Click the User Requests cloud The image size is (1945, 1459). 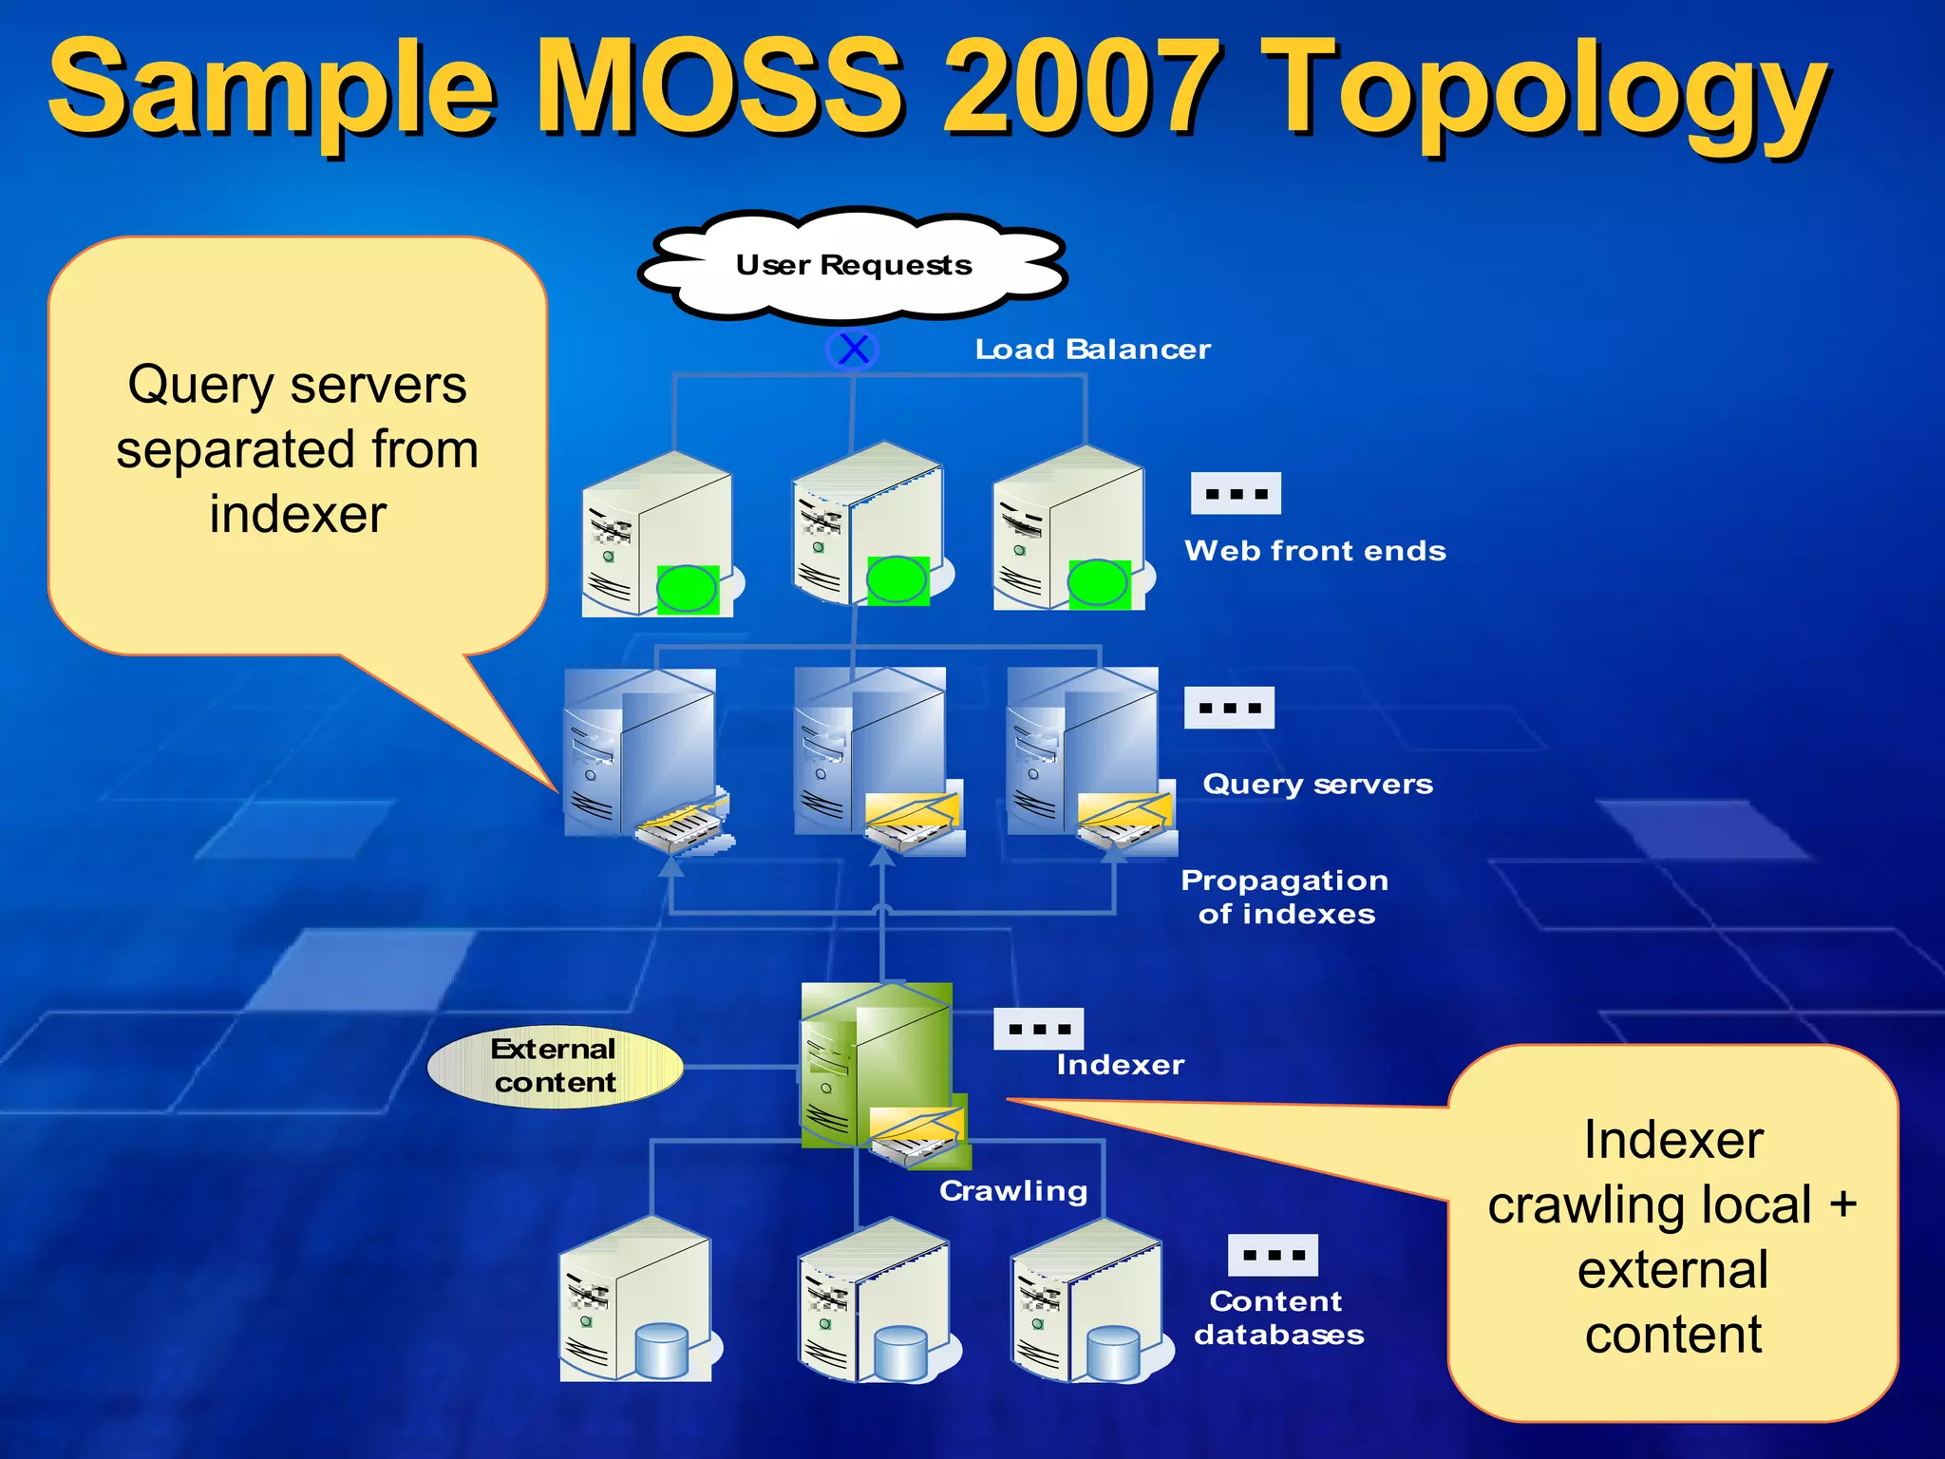(853, 264)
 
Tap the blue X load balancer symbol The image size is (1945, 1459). (853, 349)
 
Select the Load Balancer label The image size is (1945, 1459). (1092, 350)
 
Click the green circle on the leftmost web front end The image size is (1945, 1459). (687, 589)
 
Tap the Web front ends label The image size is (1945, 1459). (1314, 551)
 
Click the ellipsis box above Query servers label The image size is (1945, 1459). (1229, 708)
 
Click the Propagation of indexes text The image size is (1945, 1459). (1285, 897)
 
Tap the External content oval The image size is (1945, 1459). (555, 1066)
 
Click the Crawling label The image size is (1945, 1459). (1013, 1191)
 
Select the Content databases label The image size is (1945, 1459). (1278, 1317)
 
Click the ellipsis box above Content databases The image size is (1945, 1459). (1273, 1255)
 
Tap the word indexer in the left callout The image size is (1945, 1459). (297, 514)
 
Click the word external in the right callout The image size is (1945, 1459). (1672, 1270)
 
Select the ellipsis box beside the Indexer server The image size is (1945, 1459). (1038, 1029)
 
